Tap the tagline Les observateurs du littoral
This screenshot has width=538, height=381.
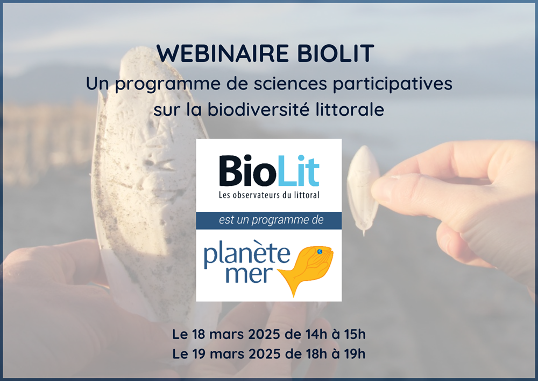coord(268,195)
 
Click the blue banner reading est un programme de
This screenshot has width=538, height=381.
coord(268,220)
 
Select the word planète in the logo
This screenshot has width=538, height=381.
coord(245,252)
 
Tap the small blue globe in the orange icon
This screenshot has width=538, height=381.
coord(319,251)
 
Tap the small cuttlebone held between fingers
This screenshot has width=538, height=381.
coord(363,189)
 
